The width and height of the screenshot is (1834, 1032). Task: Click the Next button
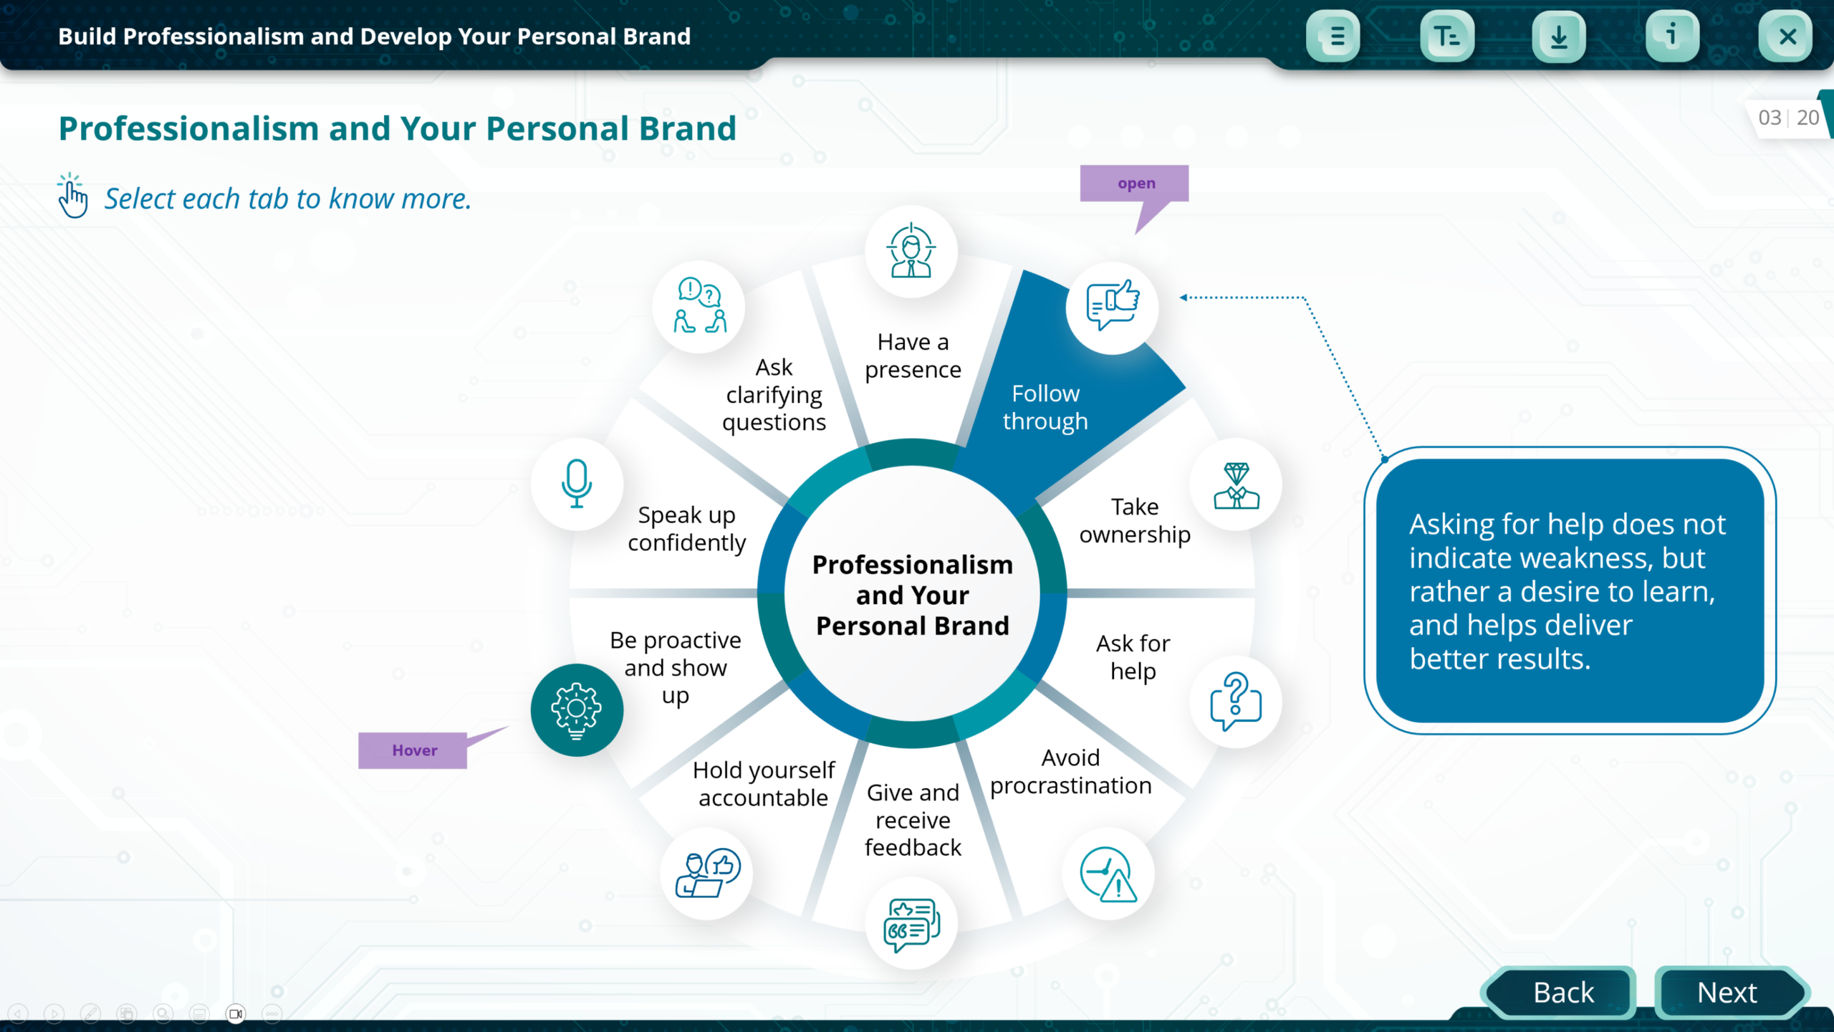(x=1727, y=993)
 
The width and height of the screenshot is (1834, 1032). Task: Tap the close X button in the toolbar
(x=1787, y=37)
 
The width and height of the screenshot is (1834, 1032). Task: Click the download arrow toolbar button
(x=1559, y=37)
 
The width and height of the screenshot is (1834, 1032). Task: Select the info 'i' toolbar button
(x=1672, y=37)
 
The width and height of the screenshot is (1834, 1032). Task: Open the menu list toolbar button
(x=1334, y=37)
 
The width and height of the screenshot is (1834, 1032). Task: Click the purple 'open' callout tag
(x=1135, y=183)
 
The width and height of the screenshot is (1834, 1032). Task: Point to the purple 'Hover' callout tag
(x=413, y=750)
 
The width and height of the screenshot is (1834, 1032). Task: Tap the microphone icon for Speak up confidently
(x=577, y=484)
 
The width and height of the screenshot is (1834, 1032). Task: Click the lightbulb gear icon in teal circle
(x=577, y=710)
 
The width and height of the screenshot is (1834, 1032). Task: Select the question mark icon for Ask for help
(x=1236, y=702)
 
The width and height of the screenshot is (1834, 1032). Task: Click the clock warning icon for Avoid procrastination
(x=1108, y=874)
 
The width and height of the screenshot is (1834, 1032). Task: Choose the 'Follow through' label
(x=1045, y=407)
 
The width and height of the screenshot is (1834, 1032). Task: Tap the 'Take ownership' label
(x=1135, y=520)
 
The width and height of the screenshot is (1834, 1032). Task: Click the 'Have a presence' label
(x=913, y=355)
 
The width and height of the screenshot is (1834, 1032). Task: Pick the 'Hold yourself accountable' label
(x=764, y=783)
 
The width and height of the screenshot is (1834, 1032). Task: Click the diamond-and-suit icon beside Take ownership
(x=1236, y=485)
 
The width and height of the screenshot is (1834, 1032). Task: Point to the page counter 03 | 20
(x=1788, y=118)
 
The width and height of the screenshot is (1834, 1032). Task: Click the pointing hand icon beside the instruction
(x=72, y=196)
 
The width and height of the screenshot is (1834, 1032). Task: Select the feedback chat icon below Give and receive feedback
(x=911, y=924)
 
